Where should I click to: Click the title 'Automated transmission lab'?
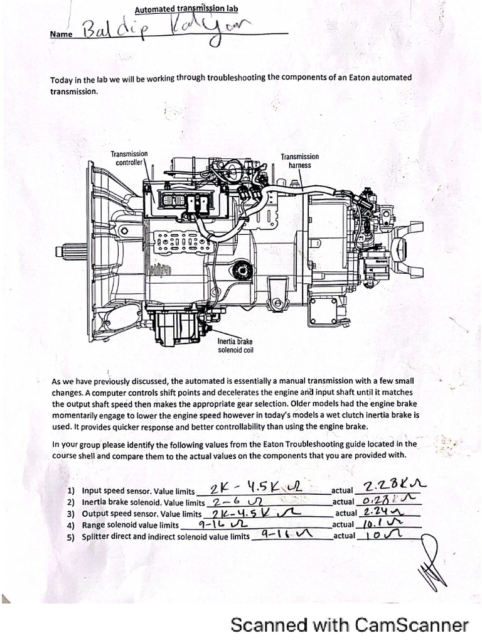[x=186, y=9]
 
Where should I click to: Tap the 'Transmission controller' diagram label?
[x=129, y=158]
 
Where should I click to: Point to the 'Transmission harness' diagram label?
[x=299, y=161]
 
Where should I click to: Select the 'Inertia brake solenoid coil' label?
[x=235, y=345]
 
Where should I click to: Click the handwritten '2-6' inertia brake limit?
[x=228, y=502]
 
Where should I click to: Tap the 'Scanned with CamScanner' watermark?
[x=350, y=625]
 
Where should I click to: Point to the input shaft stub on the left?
[x=70, y=252]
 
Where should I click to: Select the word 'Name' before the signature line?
[x=61, y=35]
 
